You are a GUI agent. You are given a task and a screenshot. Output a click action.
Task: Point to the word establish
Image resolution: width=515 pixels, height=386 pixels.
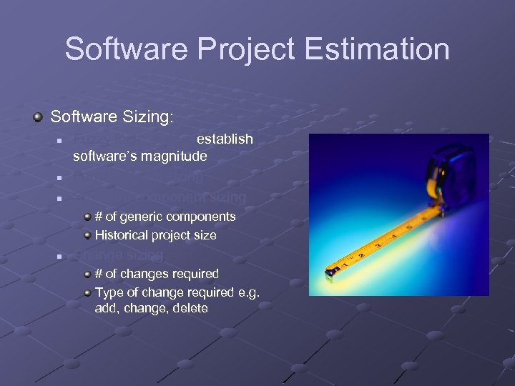(x=225, y=139)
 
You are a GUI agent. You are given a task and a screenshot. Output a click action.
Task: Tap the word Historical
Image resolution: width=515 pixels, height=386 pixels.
(x=121, y=235)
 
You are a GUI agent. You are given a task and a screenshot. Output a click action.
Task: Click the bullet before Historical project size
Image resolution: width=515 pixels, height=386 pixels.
(x=87, y=235)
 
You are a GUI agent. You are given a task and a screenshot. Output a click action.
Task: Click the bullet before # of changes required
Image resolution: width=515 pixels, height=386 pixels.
(x=87, y=274)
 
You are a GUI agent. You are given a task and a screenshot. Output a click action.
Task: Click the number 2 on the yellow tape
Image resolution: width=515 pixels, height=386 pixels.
(x=362, y=254)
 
